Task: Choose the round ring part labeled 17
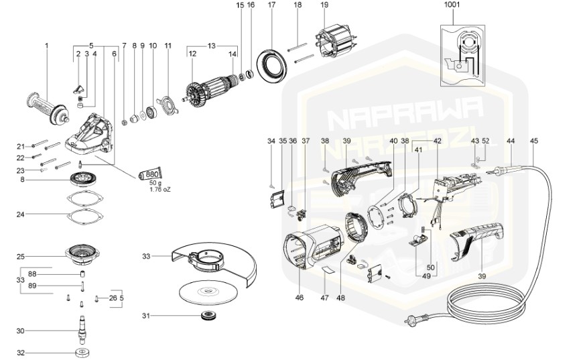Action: tap(273, 63)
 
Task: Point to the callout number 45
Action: tap(533, 141)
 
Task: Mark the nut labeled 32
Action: tap(82, 353)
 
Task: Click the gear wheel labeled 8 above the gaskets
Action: tap(84, 180)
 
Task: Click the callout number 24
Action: tap(21, 215)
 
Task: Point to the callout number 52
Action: tap(486, 141)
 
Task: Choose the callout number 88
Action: tap(50, 273)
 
